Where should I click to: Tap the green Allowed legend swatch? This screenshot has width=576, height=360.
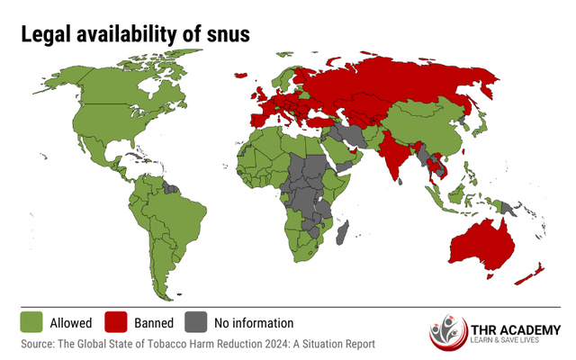31,322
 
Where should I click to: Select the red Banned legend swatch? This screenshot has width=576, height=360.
118,322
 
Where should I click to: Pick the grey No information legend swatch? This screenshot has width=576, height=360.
196,322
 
